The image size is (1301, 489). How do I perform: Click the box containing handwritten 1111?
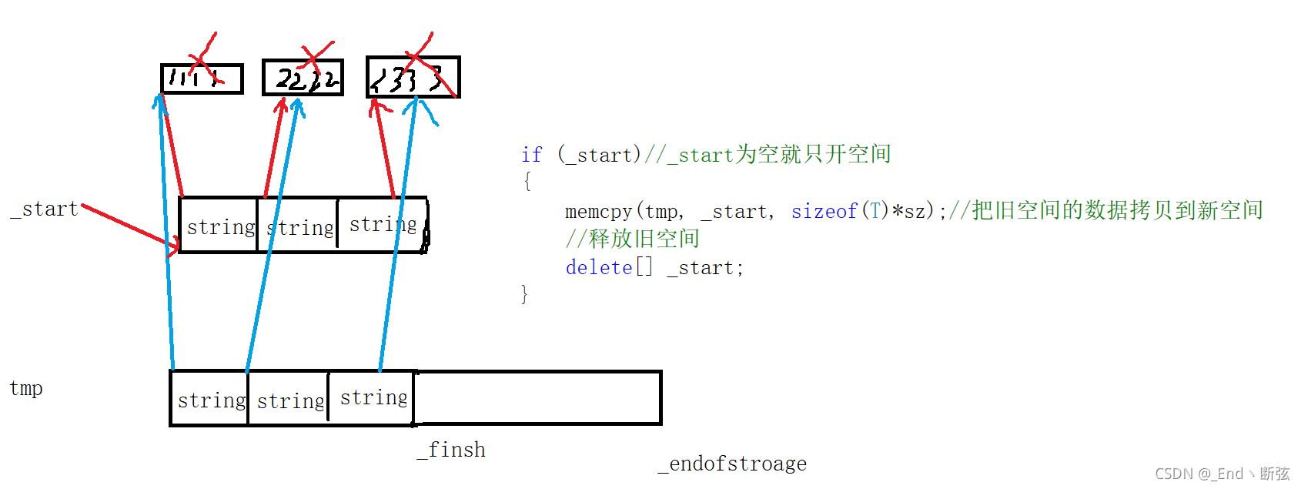[x=202, y=79]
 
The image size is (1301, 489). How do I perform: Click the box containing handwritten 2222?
[x=303, y=78]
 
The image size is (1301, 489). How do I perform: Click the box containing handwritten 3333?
[x=413, y=77]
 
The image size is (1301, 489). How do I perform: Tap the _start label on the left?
[x=45, y=209]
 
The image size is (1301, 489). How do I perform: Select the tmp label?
[x=26, y=388]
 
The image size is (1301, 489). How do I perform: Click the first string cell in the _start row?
[x=219, y=226]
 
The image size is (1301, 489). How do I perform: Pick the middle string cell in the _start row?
[x=299, y=226]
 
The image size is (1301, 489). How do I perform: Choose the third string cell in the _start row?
[x=383, y=224]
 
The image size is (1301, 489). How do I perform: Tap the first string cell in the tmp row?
[x=210, y=399]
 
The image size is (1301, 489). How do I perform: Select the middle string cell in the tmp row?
[x=289, y=400]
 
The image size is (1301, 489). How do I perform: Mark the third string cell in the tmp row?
[x=373, y=397]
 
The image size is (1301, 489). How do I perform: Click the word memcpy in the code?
[x=598, y=211]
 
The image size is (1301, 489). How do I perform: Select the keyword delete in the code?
[x=599, y=267]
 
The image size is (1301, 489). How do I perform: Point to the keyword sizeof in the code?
[x=824, y=211]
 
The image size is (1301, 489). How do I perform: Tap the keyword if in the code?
[x=531, y=155]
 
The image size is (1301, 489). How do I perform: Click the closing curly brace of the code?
[x=525, y=294]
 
